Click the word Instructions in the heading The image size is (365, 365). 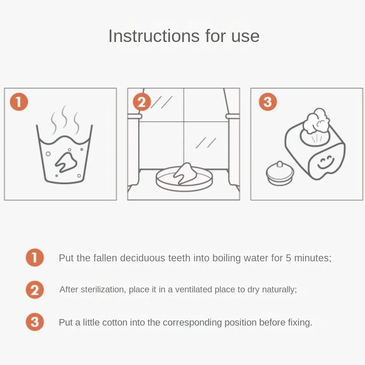154,36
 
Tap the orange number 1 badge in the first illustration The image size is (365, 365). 19,102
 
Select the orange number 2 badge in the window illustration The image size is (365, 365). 142,102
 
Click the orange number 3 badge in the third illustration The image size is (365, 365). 268,102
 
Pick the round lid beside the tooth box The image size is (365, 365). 280,173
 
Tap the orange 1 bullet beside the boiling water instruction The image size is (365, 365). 35,257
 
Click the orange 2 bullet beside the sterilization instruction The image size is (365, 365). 35,290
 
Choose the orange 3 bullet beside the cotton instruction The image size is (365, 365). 35,322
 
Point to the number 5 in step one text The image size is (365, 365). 288,258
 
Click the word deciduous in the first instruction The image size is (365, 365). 142,258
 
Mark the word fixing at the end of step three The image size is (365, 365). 300,323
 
